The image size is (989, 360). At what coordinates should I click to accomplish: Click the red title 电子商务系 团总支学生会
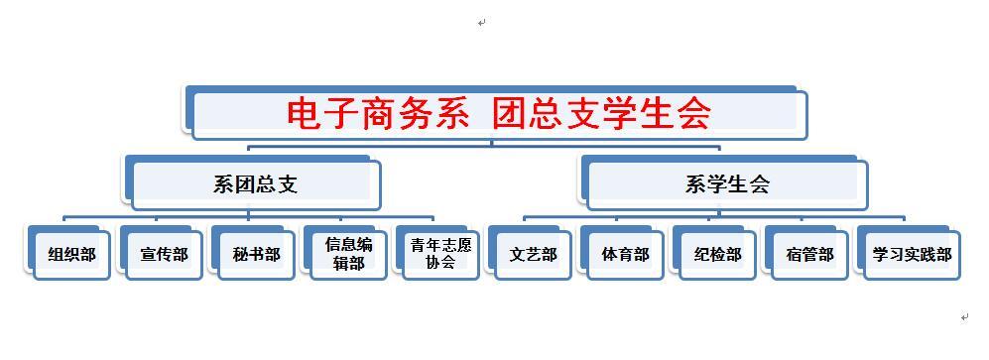tap(499, 113)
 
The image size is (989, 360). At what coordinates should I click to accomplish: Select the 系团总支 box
tap(255, 183)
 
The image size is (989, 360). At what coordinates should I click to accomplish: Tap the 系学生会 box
tap(727, 183)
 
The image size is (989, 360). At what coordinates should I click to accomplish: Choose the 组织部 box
tap(71, 255)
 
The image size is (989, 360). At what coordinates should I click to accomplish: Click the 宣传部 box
tap(164, 255)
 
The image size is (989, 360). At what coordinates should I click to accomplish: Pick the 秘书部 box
tap(256, 255)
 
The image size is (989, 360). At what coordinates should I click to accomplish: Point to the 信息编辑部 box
tap(348, 254)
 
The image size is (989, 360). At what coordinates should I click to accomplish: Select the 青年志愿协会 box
tap(440, 254)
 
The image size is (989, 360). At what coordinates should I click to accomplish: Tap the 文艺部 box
tap(533, 255)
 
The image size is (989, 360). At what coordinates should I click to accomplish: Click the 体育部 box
tap(625, 255)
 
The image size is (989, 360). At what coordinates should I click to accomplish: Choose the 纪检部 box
tap(717, 255)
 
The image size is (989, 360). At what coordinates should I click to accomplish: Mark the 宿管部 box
tap(809, 255)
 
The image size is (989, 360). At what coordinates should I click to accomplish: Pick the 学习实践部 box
tap(912, 255)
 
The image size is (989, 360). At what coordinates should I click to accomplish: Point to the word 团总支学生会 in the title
tap(602, 113)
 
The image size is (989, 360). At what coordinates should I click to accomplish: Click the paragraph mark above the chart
tap(481, 22)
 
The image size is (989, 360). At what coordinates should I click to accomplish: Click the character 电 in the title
tap(305, 113)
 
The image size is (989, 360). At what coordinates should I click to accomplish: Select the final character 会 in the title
tap(694, 113)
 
